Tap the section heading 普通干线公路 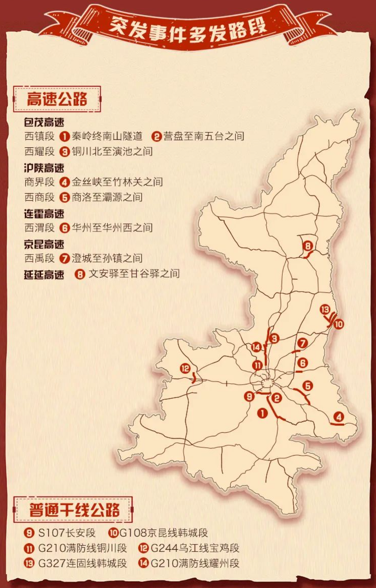coord(73,509)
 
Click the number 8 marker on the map coord(307,246)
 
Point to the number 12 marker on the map coord(185,368)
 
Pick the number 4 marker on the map coord(338,417)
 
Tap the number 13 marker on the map coord(325,309)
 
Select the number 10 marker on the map coord(338,324)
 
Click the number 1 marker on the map coord(262,413)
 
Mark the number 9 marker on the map coord(249,396)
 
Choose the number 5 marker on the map coord(307,386)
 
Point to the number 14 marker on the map coord(256,347)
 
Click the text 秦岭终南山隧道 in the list coord(107,136)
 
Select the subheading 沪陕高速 coord(44,167)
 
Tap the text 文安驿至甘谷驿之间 coord(134,274)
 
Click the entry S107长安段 coord(66,533)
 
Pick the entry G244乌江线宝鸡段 coord(195,548)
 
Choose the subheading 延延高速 coord(44,274)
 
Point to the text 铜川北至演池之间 coord(112,151)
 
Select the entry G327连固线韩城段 coord(82,563)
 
